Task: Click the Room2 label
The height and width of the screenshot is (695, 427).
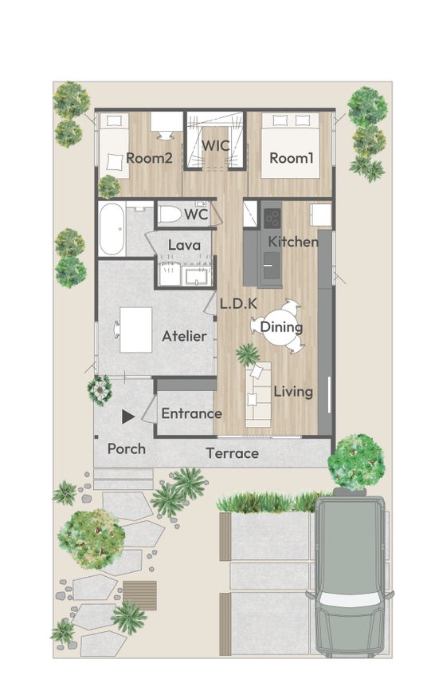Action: coord(149,158)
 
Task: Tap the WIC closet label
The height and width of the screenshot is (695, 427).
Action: coord(215,145)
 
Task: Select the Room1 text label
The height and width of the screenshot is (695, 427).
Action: coord(292,158)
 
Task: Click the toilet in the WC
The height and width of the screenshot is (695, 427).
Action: coord(170,215)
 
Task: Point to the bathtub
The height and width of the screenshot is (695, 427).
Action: coord(112,229)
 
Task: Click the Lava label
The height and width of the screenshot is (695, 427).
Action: coord(184,245)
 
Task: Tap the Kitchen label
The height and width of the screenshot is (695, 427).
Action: coord(293,242)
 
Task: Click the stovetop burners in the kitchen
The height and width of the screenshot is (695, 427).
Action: coord(272,217)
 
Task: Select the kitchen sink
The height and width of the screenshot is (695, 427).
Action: coord(271,265)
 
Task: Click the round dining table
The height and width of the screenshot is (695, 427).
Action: coord(281,327)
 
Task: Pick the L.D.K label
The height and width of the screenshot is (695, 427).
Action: coord(238,304)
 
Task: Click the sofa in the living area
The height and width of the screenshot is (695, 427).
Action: coord(258,394)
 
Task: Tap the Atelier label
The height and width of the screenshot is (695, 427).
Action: coord(184,336)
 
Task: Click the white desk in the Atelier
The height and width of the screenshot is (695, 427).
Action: coord(136,330)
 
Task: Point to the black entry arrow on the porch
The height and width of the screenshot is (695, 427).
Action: coord(128,417)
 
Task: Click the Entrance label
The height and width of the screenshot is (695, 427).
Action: coord(192,413)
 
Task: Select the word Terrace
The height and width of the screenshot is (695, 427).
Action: coord(233,453)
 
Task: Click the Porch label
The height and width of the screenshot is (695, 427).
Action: coord(127,449)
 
